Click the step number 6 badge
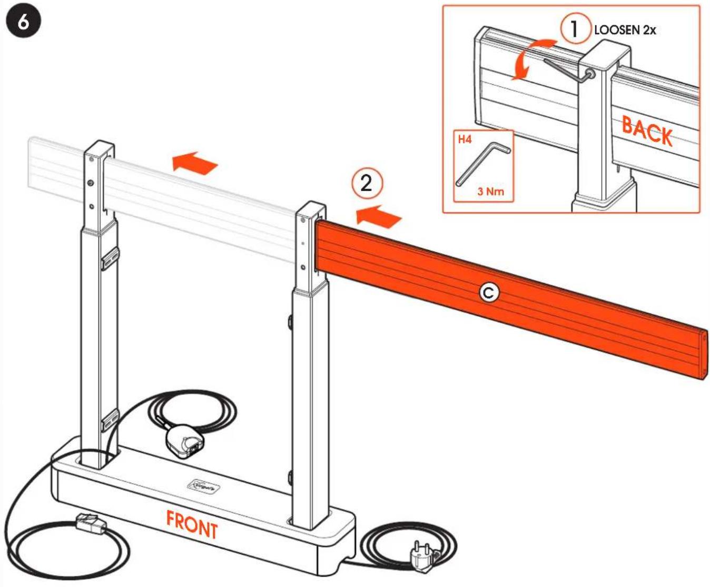coord(23,22)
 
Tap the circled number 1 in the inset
coord(574,29)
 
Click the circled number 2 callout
coord(367,183)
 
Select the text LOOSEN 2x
coord(625,30)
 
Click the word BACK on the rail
coord(647,131)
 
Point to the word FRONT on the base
coord(192,524)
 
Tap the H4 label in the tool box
coord(464,140)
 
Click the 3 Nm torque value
coord(490,192)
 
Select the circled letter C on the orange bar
coord(488,292)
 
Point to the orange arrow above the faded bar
coord(195,162)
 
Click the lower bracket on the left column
coord(110,419)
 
